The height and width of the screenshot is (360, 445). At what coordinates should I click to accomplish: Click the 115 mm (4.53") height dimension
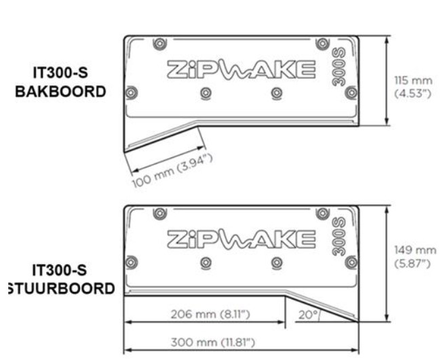(410, 86)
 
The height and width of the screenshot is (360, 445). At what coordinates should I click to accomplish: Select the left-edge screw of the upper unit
(132, 92)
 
